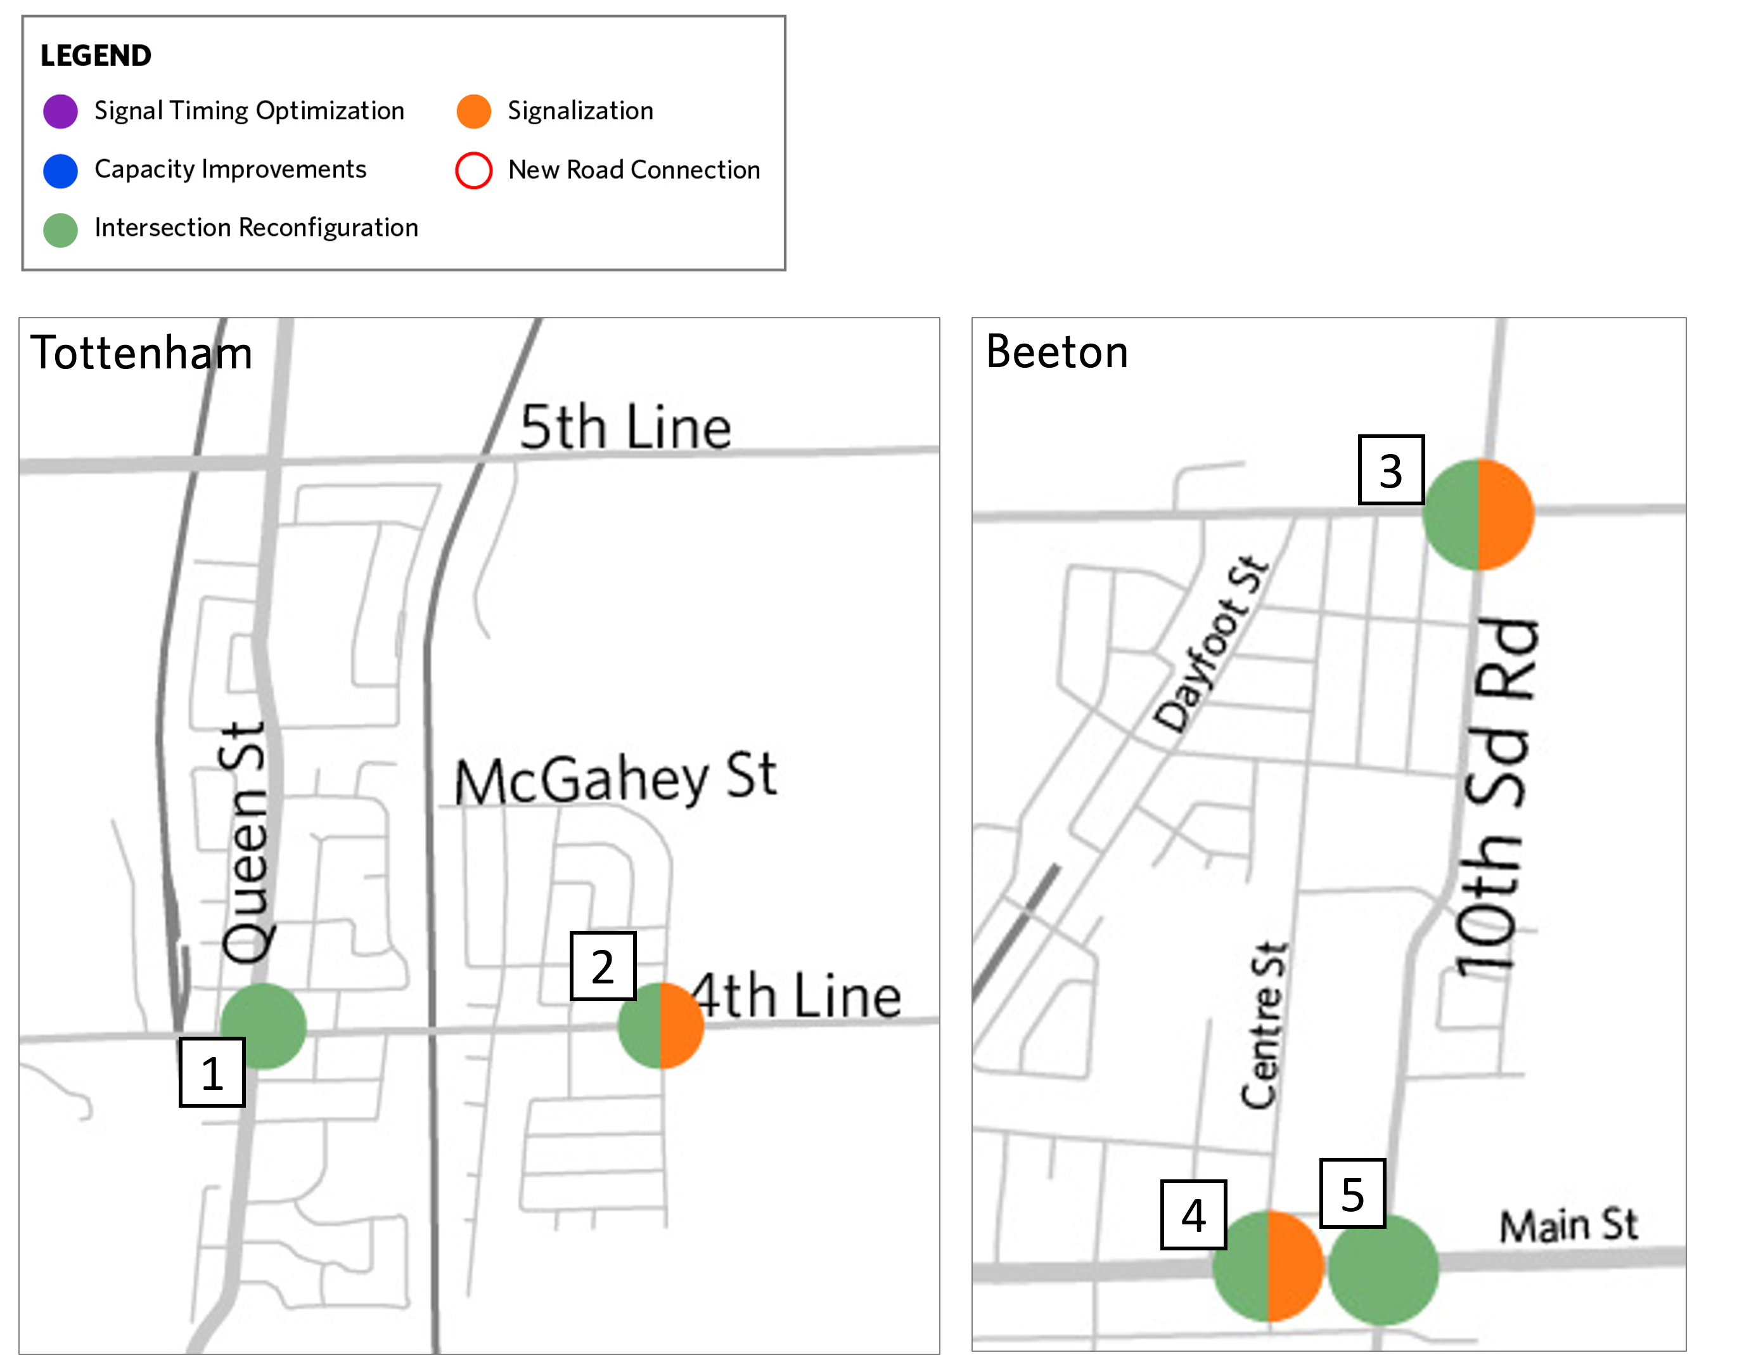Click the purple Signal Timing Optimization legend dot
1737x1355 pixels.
click(x=60, y=112)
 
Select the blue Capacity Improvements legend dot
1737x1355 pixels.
click(x=60, y=171)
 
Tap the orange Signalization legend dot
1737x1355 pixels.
click(x=473, y=112)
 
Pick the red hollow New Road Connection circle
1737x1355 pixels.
click(x=473, y=171)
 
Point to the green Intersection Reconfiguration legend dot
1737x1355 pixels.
click(x=60, y=230)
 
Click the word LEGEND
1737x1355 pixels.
click(x=96, y=56)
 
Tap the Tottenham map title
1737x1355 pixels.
click(x=141, y=353)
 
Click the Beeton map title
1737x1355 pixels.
click(x=1056, y=352)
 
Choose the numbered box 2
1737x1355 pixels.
click(x=603, y=966)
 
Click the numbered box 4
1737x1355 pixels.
click(x=1193, y=1214)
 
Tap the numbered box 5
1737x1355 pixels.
click(x=1352, y=1193)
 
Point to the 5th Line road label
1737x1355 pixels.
click(x=625, y=427)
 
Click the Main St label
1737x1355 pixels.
click(x=1568, y=1225)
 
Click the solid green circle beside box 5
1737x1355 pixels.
click(x=1383, y=1268)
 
